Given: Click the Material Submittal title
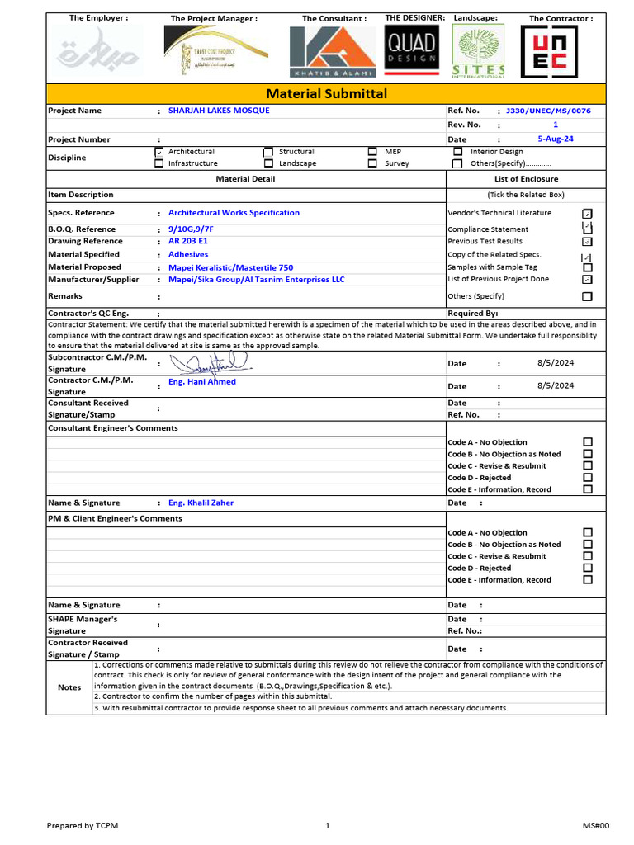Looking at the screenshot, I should (325, 93).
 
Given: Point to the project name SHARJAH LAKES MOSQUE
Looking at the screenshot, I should (219, 111).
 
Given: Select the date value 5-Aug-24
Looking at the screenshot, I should (555, 139).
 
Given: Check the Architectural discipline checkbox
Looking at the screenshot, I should (158, 153).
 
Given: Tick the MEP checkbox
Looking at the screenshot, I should (372, 152).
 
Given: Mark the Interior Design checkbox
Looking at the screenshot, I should (457, 152).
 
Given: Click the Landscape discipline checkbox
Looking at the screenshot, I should (268, 163).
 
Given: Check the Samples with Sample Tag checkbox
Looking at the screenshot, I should (587, 267).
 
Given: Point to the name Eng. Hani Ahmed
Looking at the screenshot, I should (202, 382).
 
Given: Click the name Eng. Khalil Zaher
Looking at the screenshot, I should (201, 503).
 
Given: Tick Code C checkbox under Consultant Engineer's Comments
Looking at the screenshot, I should (588, 465).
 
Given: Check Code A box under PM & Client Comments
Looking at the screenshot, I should (588, 533).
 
